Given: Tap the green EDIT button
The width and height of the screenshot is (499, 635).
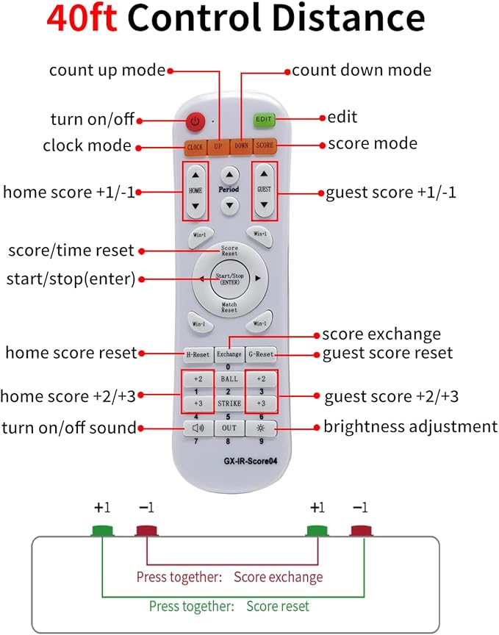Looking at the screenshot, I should coord(264,118).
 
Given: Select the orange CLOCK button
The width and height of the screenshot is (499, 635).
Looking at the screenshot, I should coord(195,146).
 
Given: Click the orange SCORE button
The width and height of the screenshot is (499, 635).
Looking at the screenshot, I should coord(264,146).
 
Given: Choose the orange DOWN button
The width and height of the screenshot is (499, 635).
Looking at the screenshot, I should coord(241,146).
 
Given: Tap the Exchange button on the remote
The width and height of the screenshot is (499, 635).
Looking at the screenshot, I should coord(228,354).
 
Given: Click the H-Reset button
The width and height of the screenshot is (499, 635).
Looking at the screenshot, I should coord(197,354).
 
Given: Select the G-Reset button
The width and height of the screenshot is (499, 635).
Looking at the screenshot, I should coord(260,354).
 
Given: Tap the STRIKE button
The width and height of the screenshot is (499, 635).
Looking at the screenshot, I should coord(228,404).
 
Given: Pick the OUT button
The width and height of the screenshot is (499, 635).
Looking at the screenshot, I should coord(229,428).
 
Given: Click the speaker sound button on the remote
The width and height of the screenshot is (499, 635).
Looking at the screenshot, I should coord(197,428).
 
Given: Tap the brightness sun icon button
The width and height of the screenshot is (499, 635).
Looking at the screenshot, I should coord(260,428).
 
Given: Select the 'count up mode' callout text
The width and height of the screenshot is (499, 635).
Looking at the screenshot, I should coord(107,71).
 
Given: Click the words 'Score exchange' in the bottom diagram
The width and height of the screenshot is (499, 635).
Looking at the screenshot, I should coord(278,577).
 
